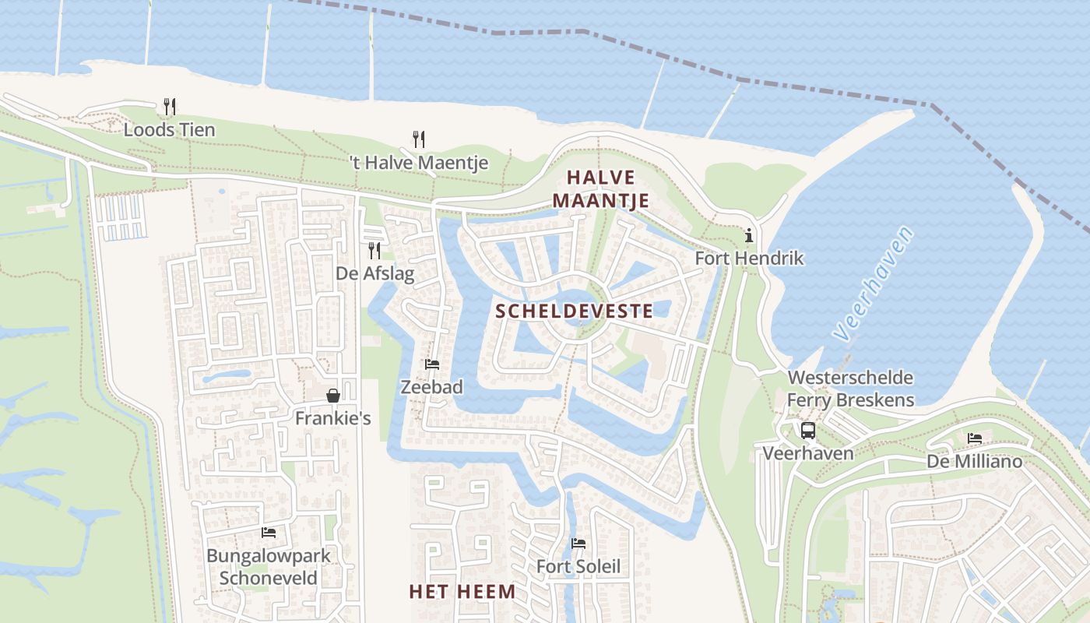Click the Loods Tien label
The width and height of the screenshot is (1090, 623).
click(x=169, y=130)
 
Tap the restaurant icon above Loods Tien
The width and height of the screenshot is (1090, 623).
click(x=170, y=107)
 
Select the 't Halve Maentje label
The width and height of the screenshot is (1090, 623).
click(x=418, y=163)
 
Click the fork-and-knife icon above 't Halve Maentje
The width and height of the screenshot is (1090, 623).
click(x=419, y=139)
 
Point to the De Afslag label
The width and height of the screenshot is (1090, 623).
click(x=374, y=273)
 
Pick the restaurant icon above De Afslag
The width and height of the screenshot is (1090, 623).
click(x=374, y=250)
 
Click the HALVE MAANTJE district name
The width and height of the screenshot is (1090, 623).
click(x=601, y=189)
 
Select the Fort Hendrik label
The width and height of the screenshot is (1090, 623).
click(x=749, y=258)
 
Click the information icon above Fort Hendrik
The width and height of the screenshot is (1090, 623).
click(x=749, y=235)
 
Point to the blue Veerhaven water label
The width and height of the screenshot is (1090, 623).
click(x=871, y=283)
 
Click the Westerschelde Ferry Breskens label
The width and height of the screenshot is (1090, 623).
click(x=850, y=389)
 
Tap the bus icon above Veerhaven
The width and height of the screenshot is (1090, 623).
click(x=808, y=430)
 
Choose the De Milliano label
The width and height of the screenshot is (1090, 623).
click(x=974, y=462)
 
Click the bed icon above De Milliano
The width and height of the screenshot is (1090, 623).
click(x=975, y=438)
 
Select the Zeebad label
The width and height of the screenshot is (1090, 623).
click(x=431, y=387)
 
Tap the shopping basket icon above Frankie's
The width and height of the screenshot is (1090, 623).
click(x=333, y=396)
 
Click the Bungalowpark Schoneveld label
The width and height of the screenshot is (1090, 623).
click(x=269, y=567)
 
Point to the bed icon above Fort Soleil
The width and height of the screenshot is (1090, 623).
click(x=578, y=544)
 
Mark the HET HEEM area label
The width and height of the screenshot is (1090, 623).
click(x=462, y=592)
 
